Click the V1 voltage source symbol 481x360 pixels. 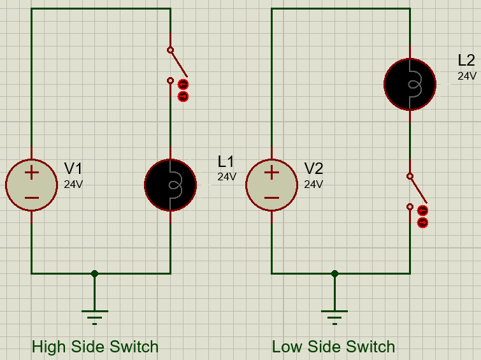pos(31,185)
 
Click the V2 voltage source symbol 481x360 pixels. pos(271,185)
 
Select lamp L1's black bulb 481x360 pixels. pos(170,185)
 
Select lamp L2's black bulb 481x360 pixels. pos(410,84)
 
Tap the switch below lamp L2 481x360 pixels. pos(414,191)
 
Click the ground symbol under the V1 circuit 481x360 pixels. pos(94,315)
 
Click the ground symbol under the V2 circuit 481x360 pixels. pos(334,315)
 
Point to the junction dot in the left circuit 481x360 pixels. pos(94,273)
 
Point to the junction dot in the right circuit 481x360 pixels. pos(334,273)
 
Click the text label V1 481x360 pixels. pos(73,169)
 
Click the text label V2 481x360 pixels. pos(313,169)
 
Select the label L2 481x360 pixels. pos(466,61)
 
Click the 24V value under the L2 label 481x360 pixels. pos(466,76)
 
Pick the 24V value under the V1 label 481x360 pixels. pos(73,185)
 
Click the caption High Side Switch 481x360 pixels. pos(95,347)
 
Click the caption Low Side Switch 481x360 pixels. pos(333,347)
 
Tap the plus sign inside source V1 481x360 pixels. pos(31,172)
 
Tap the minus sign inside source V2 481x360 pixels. pos(271,198)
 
